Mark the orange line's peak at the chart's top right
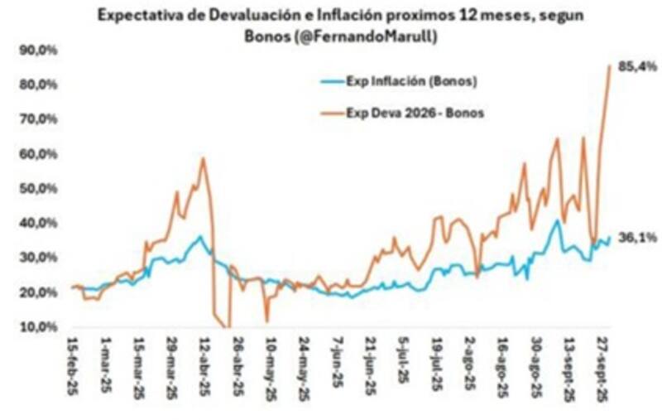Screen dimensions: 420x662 (610, 66)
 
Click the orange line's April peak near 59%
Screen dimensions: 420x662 (202, 158)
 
